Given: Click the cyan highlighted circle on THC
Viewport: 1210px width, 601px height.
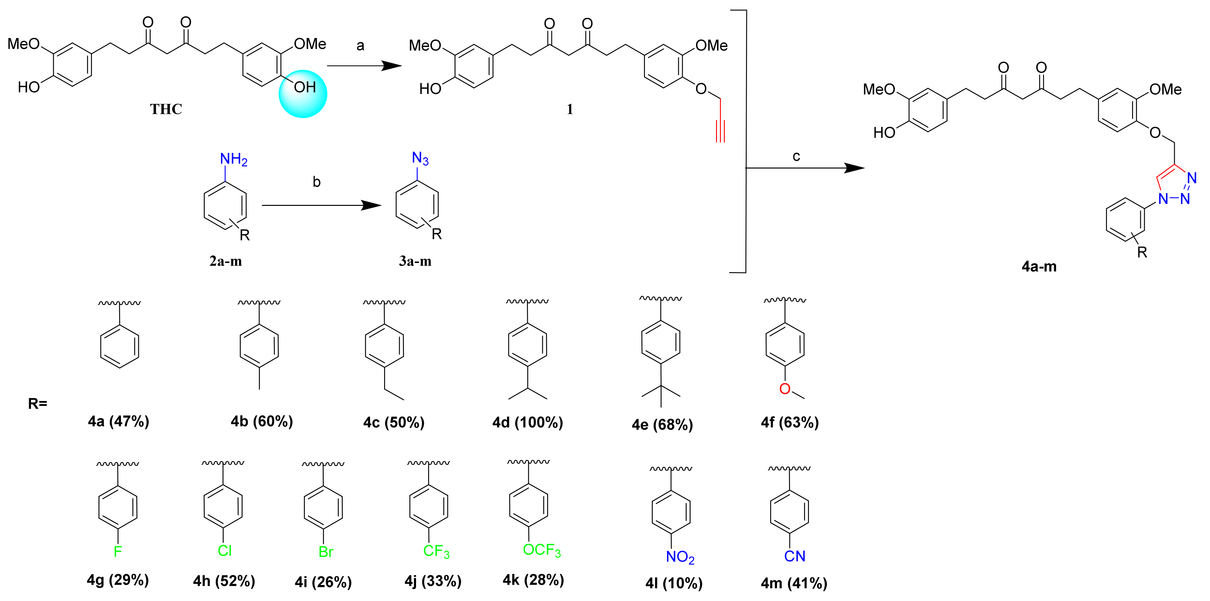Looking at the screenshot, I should coord(303,94).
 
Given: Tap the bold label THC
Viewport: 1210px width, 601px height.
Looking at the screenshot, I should coord(166,109).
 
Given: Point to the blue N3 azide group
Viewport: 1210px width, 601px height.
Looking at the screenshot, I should coord(420,158).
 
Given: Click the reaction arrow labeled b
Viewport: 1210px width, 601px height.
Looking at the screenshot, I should coord(321,205).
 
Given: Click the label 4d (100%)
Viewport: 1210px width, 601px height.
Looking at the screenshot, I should coord(528,423).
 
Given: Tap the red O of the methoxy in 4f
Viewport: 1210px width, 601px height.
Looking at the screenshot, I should coord(784,389).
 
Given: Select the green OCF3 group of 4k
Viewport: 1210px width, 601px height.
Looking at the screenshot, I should coord(542,550).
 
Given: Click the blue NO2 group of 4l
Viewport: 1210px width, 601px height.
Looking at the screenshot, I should coord(680,557).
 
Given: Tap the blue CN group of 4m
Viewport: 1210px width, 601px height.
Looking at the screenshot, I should coord(794,556).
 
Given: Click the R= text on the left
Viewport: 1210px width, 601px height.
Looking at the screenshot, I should coord(37,403).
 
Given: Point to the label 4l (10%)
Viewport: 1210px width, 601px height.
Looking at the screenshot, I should coord(674,583).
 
